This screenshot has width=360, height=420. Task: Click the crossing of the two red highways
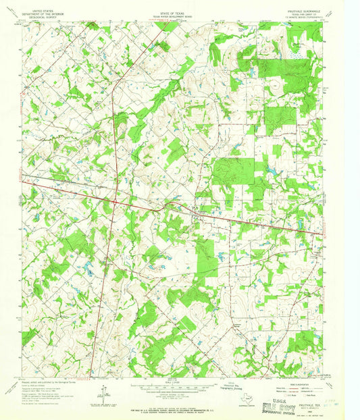[115, 201]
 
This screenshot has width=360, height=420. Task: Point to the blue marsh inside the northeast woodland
[296, 46]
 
